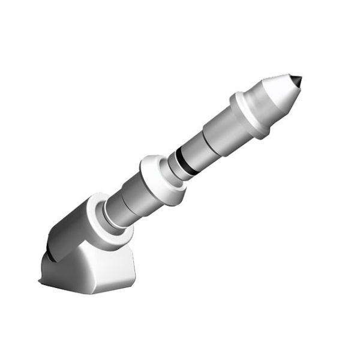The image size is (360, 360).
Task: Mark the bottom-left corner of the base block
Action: [x=40, y=282]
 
